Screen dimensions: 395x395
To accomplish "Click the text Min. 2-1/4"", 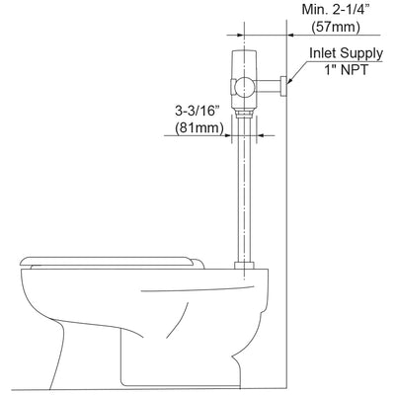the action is [x=336, y=10].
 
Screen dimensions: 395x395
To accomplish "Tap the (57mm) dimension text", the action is [x=336, y=27].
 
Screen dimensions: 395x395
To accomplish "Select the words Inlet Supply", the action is [x=347, y=53].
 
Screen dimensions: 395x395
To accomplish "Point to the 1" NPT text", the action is [x=347, y=70].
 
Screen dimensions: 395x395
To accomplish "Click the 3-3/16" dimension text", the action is [x=197, y=111].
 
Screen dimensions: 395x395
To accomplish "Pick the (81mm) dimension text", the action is [x=199, y=127].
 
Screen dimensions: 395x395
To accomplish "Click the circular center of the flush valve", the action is [x=244, y=87].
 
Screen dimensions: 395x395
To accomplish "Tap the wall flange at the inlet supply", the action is [x=283, y=86].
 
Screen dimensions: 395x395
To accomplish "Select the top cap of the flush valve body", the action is [x=244, y=52].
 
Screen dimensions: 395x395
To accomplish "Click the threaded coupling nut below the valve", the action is [x=244, y=114].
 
